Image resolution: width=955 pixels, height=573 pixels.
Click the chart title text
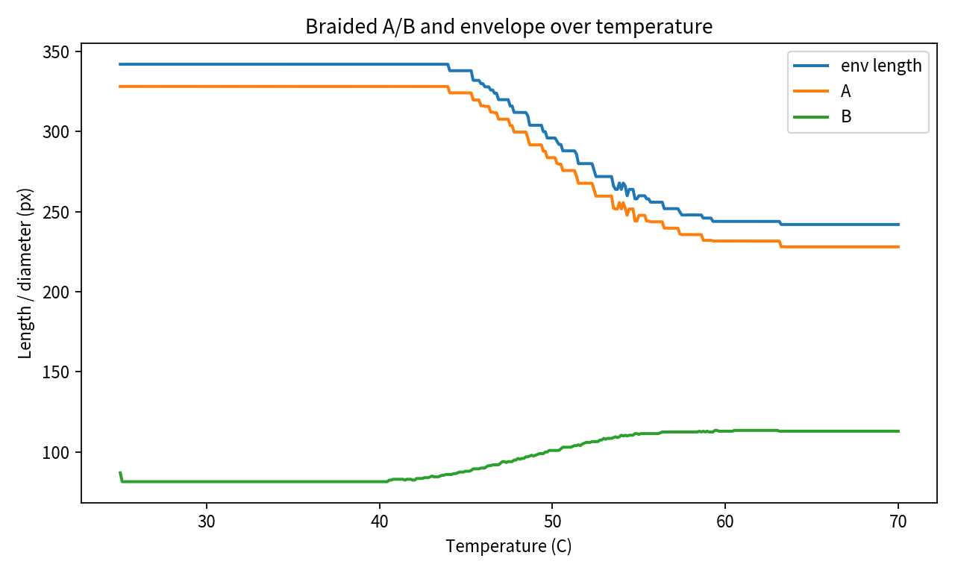click(509, 27)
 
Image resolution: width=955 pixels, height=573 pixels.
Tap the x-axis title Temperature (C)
click(509, 546)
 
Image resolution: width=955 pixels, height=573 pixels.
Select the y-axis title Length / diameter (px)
click(26, 273)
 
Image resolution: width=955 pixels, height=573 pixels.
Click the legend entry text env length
click(881, 66)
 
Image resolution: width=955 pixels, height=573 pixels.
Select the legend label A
click(846, 91)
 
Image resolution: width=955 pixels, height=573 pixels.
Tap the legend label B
click(846, 116)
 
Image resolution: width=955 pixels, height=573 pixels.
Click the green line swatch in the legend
click(810, 116)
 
